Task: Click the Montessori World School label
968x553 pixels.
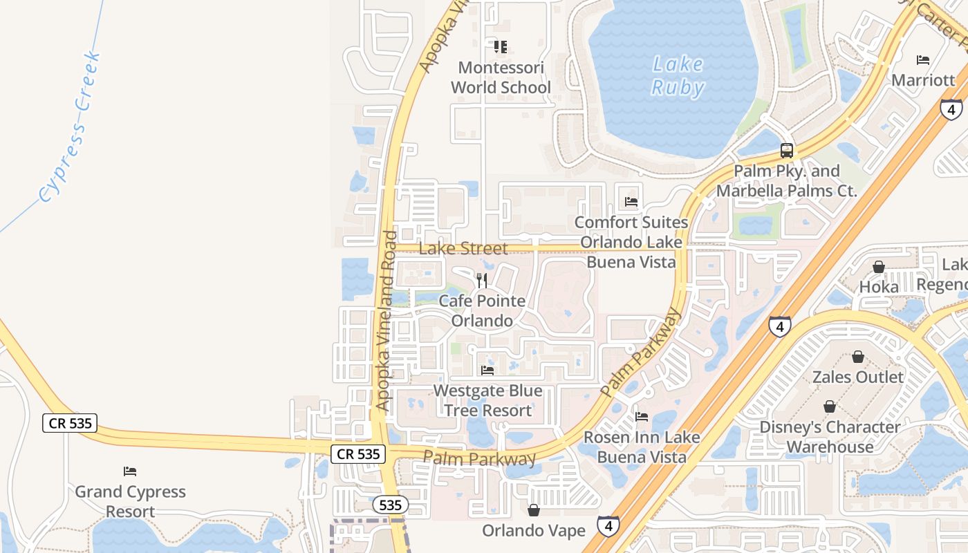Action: [501, 77]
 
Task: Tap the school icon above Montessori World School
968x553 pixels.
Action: [501, 47]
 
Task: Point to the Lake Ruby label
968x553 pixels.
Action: [678, 76]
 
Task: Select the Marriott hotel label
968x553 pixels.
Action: [923, 79]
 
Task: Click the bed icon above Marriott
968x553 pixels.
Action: [923, 60]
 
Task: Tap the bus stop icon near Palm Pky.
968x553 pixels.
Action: [786, 150]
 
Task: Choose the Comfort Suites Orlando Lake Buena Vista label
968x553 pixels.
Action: [631, 242]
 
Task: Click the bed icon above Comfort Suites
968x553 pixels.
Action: [631, 202]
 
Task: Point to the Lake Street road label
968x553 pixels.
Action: [463, 248]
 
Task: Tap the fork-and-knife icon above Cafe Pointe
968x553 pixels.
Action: [482, 280]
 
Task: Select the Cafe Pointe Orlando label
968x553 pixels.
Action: [482, 311]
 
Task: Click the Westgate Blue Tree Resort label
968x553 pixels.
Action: [487, 400]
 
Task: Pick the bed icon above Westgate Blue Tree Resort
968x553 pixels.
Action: [487, 370]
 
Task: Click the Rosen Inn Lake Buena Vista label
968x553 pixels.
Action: [642, 447]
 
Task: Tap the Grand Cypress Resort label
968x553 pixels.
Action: [130, 501]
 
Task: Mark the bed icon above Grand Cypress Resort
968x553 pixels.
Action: [130, 471]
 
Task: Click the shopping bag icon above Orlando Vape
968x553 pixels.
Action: [534, 510]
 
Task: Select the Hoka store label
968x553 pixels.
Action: [879, 286]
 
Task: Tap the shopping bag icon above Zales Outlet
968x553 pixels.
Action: [858, 357]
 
